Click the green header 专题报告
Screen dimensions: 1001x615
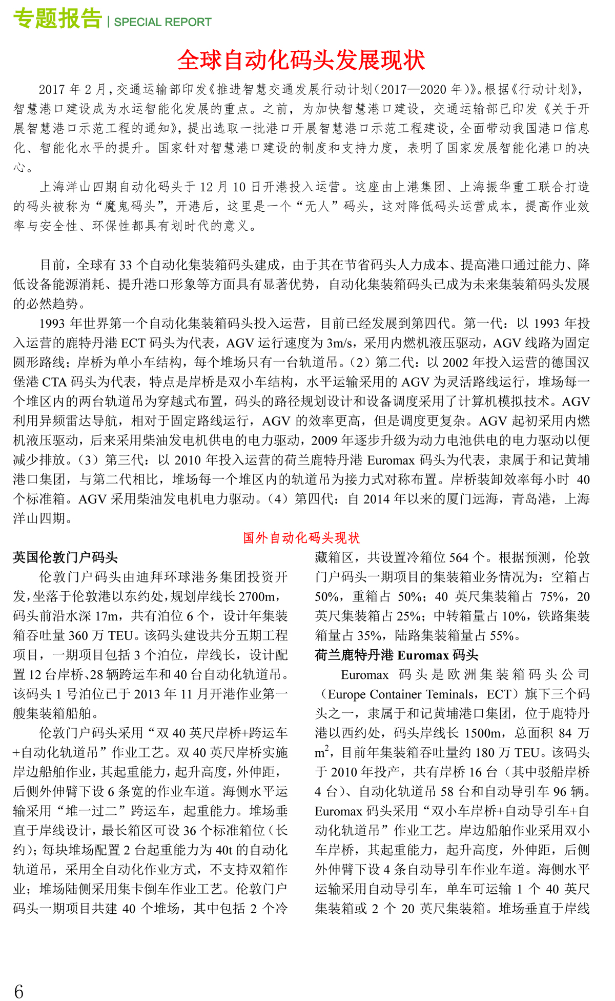[x=57, y=19]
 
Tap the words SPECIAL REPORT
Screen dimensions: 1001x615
[x=162, y=22]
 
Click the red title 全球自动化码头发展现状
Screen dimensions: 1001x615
[x=301, y=61]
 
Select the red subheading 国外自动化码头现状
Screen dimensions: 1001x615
[x=301, y=537]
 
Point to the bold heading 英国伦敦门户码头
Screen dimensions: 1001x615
[x=66, y=557]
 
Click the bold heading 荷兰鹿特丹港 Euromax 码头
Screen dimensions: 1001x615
[x=396, y=655]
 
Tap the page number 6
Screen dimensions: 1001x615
[x=19, y=991]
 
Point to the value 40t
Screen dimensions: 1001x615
[x=224, y=850]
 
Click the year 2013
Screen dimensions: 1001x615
[x=147, y=694]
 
